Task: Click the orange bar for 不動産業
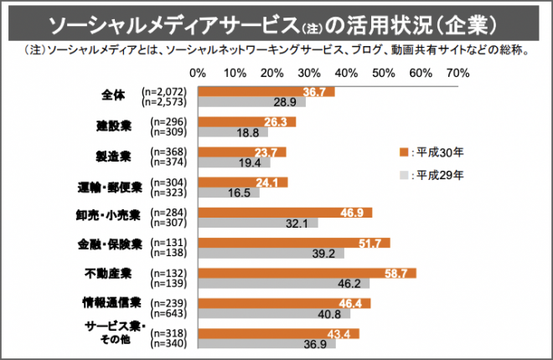tap(307, 273)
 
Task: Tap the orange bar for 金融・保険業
tap(293, 243)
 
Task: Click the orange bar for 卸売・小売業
tap(285, 213)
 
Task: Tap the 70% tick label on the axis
tap(457, 73)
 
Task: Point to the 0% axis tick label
tap(199, 73)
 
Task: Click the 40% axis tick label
tap(347, 73)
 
